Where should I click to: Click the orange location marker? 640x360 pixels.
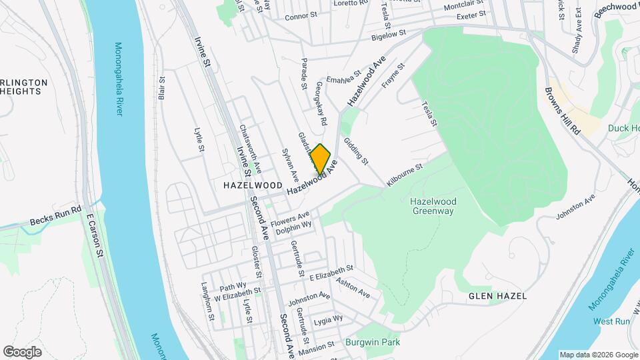point(320,159)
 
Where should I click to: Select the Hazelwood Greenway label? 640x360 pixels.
point(432,206)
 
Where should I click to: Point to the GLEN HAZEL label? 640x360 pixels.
point(497,295)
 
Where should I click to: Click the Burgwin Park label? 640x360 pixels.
point(373,343)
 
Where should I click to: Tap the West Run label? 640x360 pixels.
point(611,321)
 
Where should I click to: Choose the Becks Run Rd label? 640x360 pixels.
point(55,215)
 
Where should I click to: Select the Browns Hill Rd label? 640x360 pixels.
point(563,111)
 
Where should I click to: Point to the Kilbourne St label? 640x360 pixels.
point(405,175)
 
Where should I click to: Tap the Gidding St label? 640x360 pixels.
point(355,151)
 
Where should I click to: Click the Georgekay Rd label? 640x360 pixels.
point(321,104)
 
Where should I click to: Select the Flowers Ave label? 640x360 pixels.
point(291,219)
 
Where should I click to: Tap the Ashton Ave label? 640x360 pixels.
point(353,288)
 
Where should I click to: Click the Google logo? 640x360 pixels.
point(22,352)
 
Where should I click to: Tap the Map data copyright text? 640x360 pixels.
point(597,355)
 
